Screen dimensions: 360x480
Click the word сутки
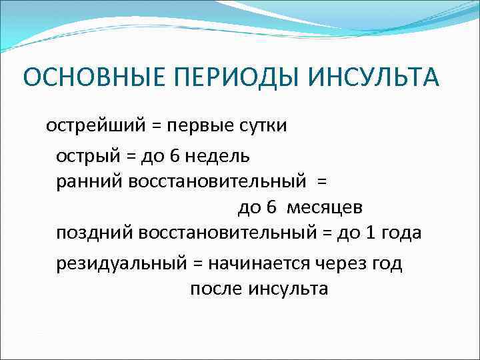click(261, 126)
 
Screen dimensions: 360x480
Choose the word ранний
click(86, 181)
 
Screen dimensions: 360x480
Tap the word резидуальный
click(121, 264)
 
